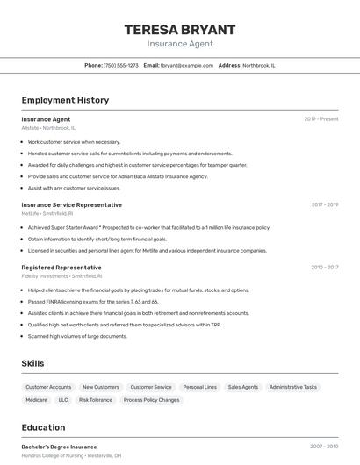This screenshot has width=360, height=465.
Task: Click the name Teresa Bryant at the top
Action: [x=179, y=29]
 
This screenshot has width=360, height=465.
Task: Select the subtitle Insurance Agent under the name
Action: [x=179, y=44]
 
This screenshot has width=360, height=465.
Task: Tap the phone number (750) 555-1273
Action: [x=121, y=65]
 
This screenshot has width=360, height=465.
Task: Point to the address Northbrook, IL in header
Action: [x=259, y=65]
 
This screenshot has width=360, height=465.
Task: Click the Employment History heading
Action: [x=65, y=100]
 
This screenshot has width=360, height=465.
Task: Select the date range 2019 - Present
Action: [x=321, y=119]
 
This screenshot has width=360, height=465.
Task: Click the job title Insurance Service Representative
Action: [x=72, y=204]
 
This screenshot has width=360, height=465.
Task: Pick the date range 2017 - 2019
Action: [x=324, y=204]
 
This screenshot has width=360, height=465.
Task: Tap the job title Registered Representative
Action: [x=61, y=268]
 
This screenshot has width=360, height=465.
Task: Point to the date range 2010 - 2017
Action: [x=324, y=268]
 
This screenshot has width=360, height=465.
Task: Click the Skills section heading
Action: [x=32, y=363]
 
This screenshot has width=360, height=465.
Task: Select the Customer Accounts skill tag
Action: [x=48, y=387]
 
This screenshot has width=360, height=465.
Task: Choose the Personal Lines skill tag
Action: [x=199, y=387]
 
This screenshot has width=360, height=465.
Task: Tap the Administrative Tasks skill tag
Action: [x=293, y=387]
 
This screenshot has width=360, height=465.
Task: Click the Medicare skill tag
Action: [x=37, y=400]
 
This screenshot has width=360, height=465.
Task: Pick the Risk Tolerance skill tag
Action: [x=96, y=400]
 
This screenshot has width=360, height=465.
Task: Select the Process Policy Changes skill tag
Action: [x=151, y=400]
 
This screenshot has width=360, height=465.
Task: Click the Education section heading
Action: [x=43, y=427]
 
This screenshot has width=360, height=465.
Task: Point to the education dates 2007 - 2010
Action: [x=324, y=447]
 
